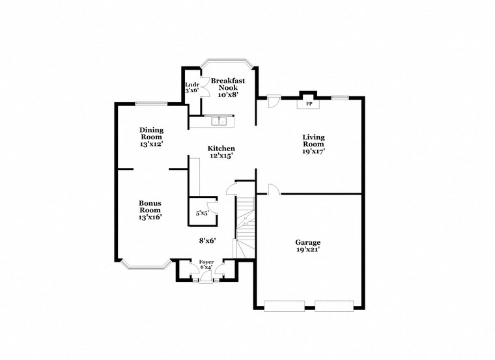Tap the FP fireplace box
(x=309, y=104)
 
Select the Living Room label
(x=313, y=144)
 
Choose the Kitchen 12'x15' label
(x=221, y=152)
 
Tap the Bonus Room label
(x=150, y=210)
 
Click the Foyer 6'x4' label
(x=206, y=264)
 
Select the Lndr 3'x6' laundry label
(x=191, y=87)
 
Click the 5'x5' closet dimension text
(x=202, y=213)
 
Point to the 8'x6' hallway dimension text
(x=207, y=240)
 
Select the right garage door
(x=334, y=305)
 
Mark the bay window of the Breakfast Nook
(x=227, y=62)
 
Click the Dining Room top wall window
(x=150, y=103)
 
